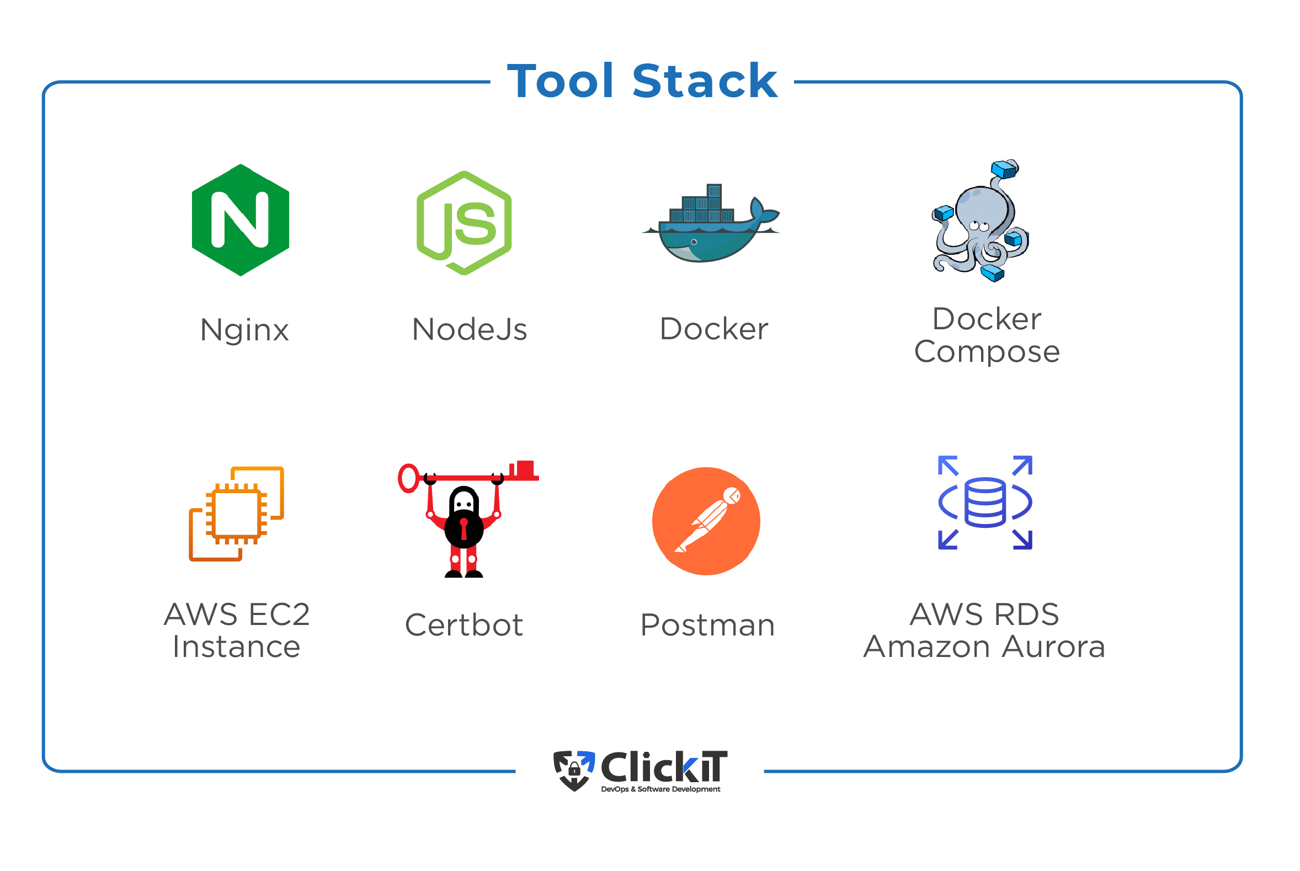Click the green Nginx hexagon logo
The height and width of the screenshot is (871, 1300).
pos(240,220)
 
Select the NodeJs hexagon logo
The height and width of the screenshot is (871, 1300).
pos(464,223)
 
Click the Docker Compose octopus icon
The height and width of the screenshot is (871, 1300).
pos(981,222)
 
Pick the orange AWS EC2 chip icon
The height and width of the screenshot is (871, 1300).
pos(237,514)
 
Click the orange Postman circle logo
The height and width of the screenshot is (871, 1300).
pos(706,521)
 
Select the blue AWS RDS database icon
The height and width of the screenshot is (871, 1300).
pos(985,503)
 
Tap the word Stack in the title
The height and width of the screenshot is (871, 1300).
pos(705,82)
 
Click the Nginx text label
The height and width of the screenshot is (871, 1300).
pos(244,330)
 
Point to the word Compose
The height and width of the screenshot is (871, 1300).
pos(987,352)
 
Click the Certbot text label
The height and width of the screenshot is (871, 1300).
pos(464,625)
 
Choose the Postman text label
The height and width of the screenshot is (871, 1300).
pos(707,625)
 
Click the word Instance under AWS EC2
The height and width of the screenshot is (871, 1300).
pos(237,647)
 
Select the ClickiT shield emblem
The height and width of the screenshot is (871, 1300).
pos(574,770)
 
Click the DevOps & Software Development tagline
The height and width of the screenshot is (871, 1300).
pos(660,789)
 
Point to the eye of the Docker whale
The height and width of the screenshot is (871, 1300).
pos(694,242)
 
